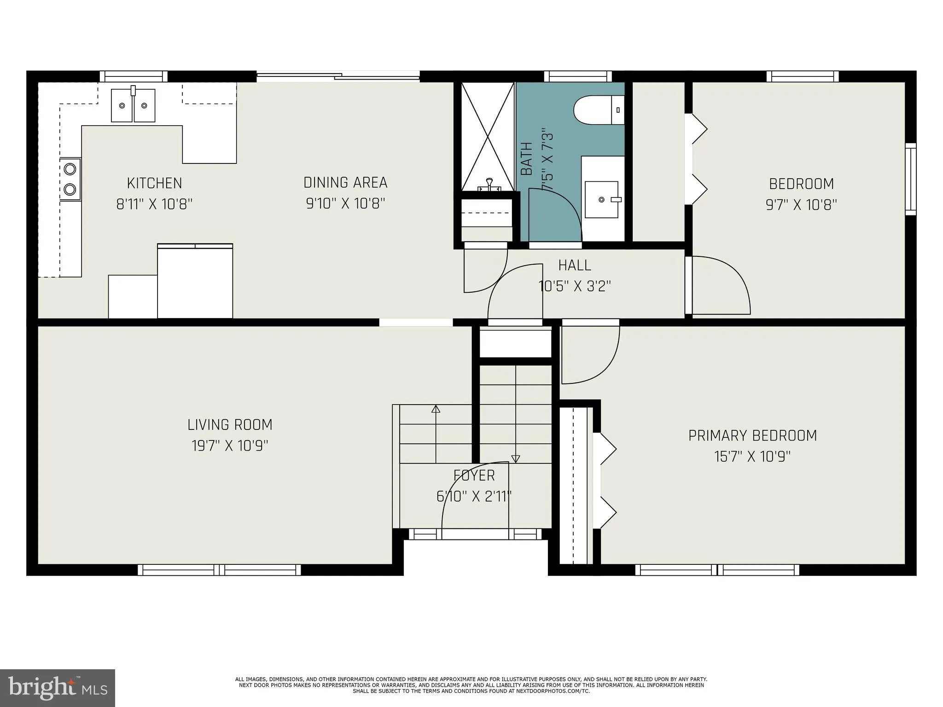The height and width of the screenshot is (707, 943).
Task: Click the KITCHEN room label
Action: click(x=154, y=183)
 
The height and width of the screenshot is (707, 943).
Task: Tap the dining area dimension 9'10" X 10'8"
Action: click(x=345, y=203)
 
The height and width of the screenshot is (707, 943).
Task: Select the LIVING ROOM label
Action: click(x=230, y=425)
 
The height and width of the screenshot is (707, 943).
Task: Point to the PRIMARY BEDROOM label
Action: click(x=752, y=435)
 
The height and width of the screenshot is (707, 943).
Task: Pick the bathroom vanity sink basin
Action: click(x=601, y=199)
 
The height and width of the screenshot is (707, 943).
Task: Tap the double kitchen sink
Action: click(x=133, y=105)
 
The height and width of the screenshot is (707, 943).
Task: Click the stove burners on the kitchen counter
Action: click(x=70, y=179)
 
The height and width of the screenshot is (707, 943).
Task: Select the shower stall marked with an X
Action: click(x=488, y=136)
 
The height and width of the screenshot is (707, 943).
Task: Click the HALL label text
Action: click(x=575, y=265)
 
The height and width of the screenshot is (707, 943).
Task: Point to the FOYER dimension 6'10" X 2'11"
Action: click(x=474, y=497)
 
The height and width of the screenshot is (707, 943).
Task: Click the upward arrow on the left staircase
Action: click(x=436, y=409)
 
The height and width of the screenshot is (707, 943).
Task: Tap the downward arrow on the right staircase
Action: click(x=516, y=458)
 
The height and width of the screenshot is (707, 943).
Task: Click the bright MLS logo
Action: click(x=58, y=688)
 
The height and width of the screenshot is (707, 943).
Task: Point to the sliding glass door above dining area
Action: click(x=338, y=76)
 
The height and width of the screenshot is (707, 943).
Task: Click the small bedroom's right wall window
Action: click(x=910, y=179)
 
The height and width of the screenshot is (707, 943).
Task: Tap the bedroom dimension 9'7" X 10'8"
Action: click(x=801, y=205)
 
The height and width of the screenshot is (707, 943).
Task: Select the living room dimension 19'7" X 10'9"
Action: click(x=230, y=446)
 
